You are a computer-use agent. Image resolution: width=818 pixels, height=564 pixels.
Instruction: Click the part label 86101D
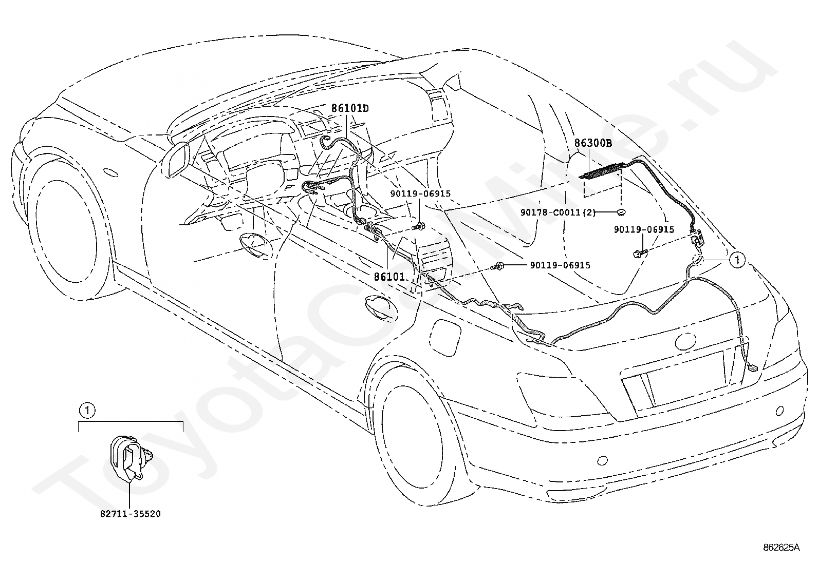(x=350, y=108)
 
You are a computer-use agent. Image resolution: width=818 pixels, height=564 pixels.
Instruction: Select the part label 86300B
(x=593, y=143)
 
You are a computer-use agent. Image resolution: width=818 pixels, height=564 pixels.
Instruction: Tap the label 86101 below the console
(x=389, y=277)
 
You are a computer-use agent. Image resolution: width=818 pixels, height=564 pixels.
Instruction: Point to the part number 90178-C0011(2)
(x=557, y=212)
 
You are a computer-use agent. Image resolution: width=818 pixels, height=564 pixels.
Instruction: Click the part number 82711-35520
(x=131, y=514)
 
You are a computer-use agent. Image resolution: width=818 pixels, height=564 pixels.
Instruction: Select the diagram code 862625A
(x=781, y=547)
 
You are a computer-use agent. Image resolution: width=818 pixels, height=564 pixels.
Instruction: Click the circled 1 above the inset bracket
(x=87, y=411)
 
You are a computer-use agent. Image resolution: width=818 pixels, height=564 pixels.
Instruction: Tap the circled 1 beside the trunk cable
(x=737, y=260)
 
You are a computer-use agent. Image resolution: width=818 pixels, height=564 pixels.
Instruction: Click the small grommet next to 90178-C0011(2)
(x=620, y=211)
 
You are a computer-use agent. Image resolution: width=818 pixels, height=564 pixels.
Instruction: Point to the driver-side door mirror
(x=177, y=161)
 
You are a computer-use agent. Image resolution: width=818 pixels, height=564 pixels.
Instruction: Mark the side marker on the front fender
(x=110, y=172)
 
